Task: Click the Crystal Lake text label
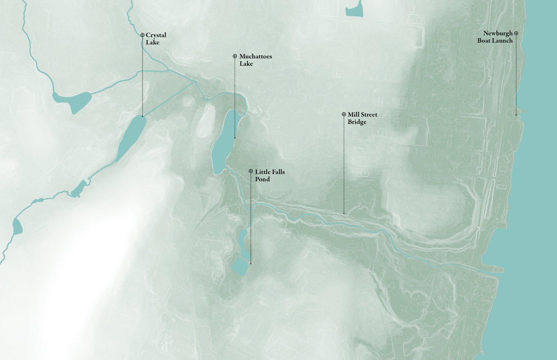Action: [156, 39]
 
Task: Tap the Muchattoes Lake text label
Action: [255, 60]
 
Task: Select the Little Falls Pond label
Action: [270, 175]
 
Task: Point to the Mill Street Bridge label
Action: [362, 118]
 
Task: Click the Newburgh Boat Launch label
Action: [495, 37]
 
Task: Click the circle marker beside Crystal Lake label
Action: [143, 35]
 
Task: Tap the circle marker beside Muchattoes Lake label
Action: [235, 56]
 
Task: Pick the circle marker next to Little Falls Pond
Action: [251, 171]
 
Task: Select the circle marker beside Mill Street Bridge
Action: [344, 114]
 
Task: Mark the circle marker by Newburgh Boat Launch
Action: [516, 33]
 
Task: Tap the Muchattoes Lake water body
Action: [224, 142]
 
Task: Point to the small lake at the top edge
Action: [354, 10]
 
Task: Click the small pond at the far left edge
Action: [17, 227]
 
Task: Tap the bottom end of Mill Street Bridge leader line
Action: [344, 213]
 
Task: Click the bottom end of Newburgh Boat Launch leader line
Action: [516, 115]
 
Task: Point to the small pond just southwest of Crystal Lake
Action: [79, 189]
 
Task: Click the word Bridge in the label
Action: [357, 122]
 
